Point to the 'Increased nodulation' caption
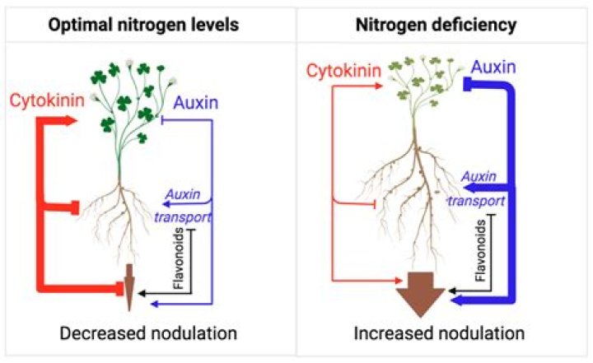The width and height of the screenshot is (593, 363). tap(439, 334)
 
